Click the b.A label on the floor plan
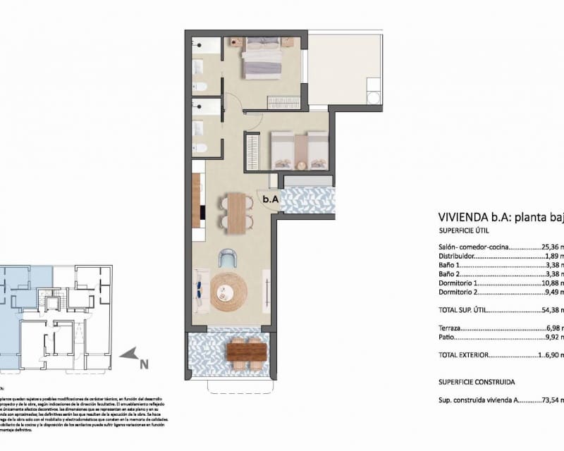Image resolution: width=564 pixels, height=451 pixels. (271, 199)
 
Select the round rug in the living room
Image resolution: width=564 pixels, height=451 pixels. (230, 292)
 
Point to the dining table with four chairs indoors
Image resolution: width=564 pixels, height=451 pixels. (236, 212)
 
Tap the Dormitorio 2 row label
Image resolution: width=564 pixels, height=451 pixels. (462, 292)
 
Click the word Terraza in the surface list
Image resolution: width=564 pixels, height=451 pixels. (451, 328)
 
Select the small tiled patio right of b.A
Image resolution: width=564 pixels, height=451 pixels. (307, 199)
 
